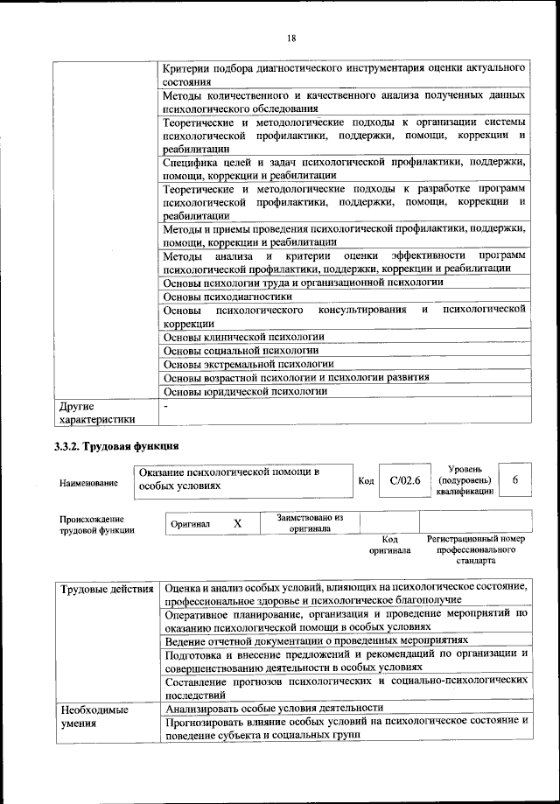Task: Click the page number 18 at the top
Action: point(291,37)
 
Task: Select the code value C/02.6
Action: point(405,480)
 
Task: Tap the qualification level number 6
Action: point(515,479)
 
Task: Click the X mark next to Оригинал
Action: point(236,523)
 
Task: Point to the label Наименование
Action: point(88,482)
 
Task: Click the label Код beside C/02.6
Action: point(367,481)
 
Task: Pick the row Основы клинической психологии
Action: point(244,336)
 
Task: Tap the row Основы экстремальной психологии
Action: point(249,364)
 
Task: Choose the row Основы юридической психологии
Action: point(246,391)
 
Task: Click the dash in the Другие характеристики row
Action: point(166,406)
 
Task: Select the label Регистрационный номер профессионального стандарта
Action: point(475,549)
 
